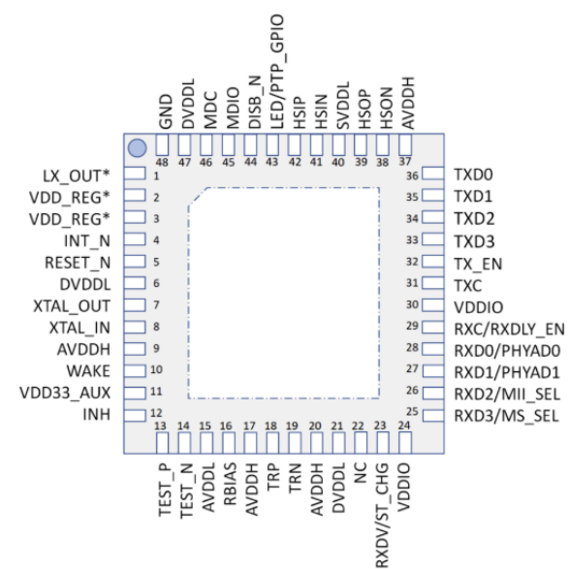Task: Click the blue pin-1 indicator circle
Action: point(138,148)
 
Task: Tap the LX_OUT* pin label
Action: point(77,176)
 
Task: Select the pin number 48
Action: point(162,162)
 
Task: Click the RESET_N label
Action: point(78,263)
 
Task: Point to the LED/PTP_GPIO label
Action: point(276,72)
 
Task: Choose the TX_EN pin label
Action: point(478,264)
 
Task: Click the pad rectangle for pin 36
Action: point(433,174)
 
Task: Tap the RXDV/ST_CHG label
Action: point(382,516)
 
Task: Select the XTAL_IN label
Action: point(79,328)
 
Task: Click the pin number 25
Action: point(412,412)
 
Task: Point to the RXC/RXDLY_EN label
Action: point(510,330)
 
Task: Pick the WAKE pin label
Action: point(88,371)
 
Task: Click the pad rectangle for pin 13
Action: point(162,443)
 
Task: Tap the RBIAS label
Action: point(230,484)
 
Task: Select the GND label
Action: point(166,111)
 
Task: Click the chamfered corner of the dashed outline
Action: point(198,197)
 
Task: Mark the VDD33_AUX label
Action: point(65,393)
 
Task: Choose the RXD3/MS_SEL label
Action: point(506,416)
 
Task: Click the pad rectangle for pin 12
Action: point(135,416)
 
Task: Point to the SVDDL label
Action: point(342,106)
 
